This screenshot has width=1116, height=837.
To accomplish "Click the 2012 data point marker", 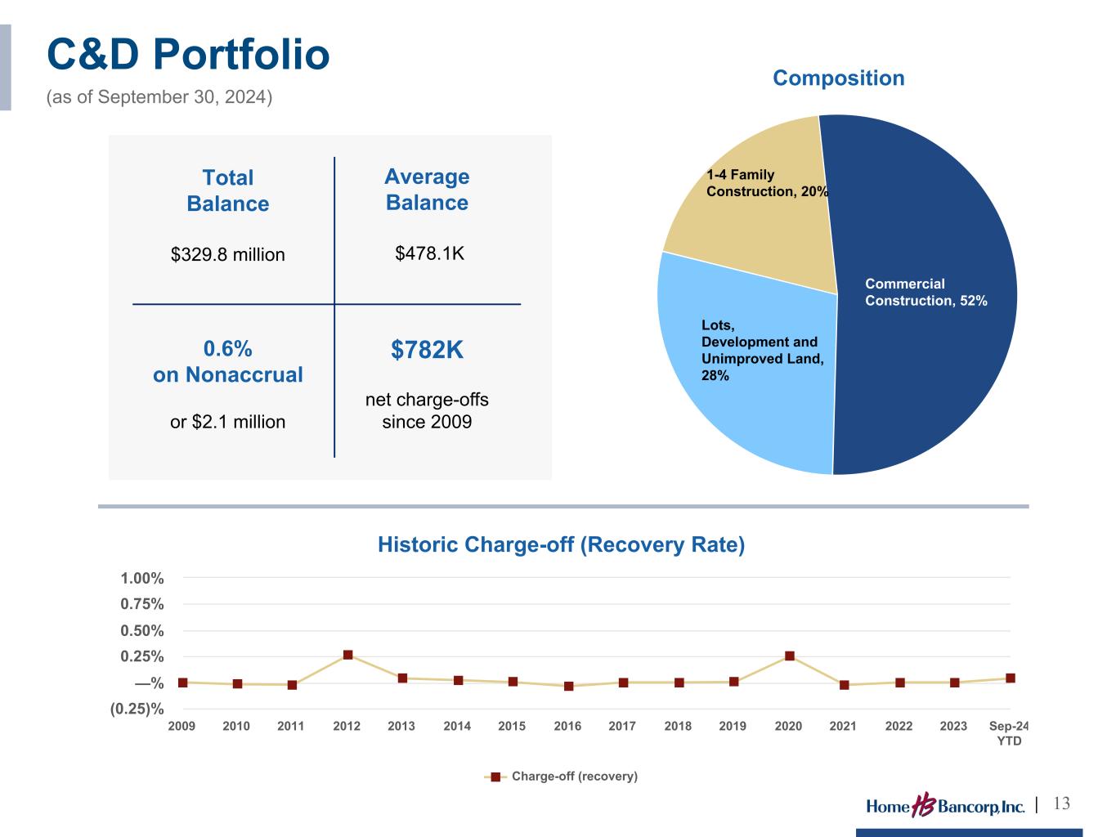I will [347, 655].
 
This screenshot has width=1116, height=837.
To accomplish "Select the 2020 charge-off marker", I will [790, 656].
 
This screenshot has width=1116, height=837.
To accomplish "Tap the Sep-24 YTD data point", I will [1011, 678].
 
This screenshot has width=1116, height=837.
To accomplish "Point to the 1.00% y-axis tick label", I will [142, 579].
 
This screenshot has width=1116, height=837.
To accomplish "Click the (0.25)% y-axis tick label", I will [137, 709].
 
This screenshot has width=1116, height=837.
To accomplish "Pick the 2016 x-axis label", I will [567, 726].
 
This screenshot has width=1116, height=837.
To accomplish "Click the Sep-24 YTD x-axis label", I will [1009, 733].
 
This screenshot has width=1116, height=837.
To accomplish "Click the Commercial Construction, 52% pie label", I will [926, 292].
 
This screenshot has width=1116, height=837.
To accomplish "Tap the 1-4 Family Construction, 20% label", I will [767, 183].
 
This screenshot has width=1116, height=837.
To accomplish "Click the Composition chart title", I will [838, 78].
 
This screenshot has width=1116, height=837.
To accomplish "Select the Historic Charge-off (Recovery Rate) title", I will [561, 545].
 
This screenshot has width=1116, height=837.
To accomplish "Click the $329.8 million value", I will [227, 254].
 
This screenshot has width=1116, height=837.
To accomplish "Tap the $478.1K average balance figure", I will [429, 253].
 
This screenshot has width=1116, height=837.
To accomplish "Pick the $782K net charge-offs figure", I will [427, 350].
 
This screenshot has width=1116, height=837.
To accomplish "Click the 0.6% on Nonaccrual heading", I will [227, 361].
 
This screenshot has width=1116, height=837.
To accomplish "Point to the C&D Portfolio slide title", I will [188, 55].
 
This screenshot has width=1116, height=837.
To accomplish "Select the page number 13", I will [1061, 803].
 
